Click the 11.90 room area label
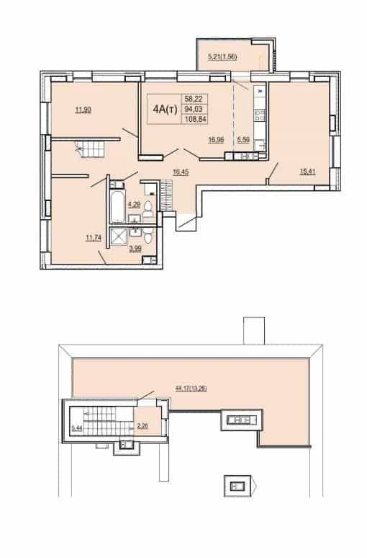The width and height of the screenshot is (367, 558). (83, 110)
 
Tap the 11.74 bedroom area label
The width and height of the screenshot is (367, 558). (94, 238)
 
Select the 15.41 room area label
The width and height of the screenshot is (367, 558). (308, 172)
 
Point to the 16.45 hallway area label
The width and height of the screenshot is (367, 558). (181, 172)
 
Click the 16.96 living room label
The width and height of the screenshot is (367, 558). (216, 140)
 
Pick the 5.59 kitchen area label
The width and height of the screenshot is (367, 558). (243, 140)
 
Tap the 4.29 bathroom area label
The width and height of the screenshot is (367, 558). (134, 204)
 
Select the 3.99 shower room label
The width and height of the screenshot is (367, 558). (135, 249)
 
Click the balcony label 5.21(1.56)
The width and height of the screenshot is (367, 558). (222, 56)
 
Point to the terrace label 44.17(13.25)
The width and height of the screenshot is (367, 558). (191, 389)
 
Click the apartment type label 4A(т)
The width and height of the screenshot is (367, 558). (165, 110)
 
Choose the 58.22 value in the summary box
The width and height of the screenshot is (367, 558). (194, 99)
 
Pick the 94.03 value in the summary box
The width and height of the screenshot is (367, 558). (194, 110)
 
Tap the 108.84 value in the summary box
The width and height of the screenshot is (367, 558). (196, 119)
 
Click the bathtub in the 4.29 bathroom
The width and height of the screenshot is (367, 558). (117, 207)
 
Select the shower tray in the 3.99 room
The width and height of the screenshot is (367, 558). (119, 237)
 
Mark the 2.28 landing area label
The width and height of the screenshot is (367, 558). (142, 425)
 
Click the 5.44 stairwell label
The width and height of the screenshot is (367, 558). (76, 428)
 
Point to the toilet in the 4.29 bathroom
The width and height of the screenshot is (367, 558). (148, 209)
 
